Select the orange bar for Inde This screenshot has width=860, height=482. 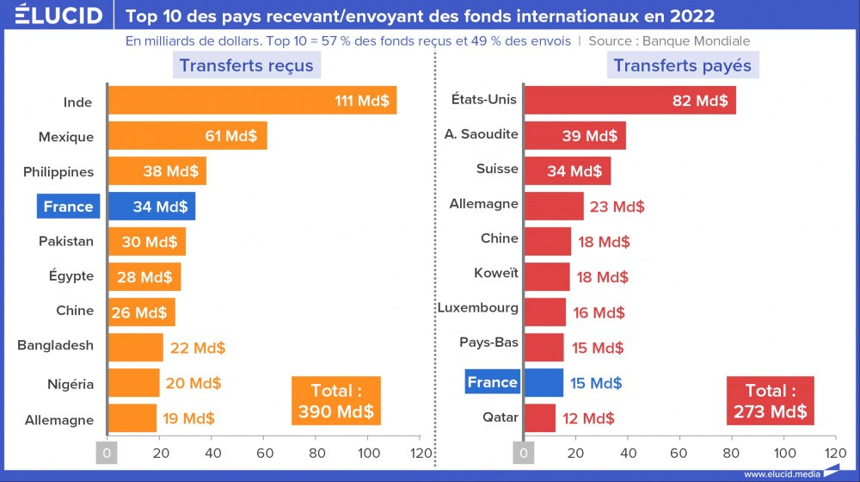[x=251, y=101]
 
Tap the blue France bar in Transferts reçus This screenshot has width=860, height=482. [x=152, y=207]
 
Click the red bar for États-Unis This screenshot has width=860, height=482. [x=630, y=100]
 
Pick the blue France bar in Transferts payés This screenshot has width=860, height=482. [x=544, y=383]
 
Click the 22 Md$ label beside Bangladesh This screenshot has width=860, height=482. [x=197, y=348]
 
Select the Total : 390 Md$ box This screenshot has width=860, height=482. [x=335, y=400]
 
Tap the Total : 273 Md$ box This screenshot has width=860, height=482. [x=770, y=401]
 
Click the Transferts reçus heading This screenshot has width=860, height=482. [x=246, y=65]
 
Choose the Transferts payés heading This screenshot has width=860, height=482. [x=682, y=65]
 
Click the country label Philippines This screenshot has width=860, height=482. [x=58, y=171]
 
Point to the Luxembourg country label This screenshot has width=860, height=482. [x=478, y=307]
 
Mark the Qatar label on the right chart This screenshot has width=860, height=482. [x=501, y=417]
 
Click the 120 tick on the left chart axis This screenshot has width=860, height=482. [x=421, y=453]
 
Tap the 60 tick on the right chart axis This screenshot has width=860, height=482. [x=680, y=453]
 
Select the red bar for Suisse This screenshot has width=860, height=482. [x=567, y=170]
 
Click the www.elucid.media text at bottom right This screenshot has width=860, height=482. [x=782, y=473]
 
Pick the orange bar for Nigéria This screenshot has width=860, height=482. [x=134, y=383]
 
